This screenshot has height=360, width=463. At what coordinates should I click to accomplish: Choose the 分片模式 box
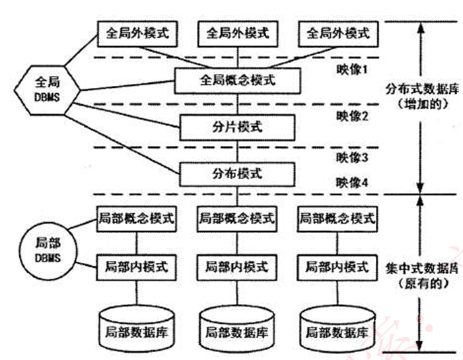pos(236,126)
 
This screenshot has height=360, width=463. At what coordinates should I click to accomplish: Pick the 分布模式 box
pos(236,174)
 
